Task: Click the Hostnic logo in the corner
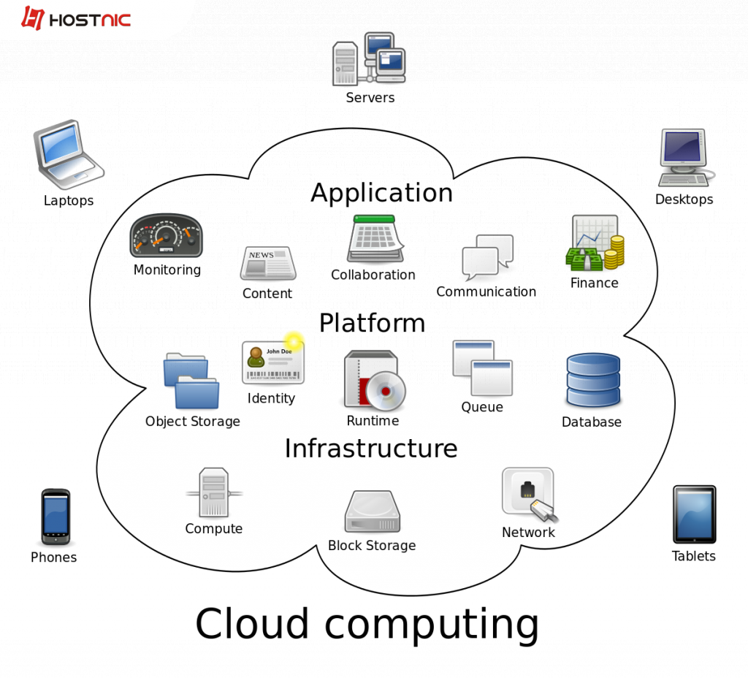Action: pos(76,18)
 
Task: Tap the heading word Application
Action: pos(381,193)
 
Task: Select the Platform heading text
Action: pos(372,323)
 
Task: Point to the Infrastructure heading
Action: pos(370,448)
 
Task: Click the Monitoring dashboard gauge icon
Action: pos(166,236)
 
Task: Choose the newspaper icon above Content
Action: pos(268,263)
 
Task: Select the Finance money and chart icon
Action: pos(595,243)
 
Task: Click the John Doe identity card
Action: pos(272,362)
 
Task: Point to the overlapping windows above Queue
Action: pos(482,368)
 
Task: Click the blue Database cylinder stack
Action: pos(592,380)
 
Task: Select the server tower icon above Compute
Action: pos(214,493)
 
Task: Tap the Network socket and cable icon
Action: pos(528,495)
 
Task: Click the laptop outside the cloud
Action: pos(67,153)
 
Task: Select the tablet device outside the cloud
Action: pos(694,514)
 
